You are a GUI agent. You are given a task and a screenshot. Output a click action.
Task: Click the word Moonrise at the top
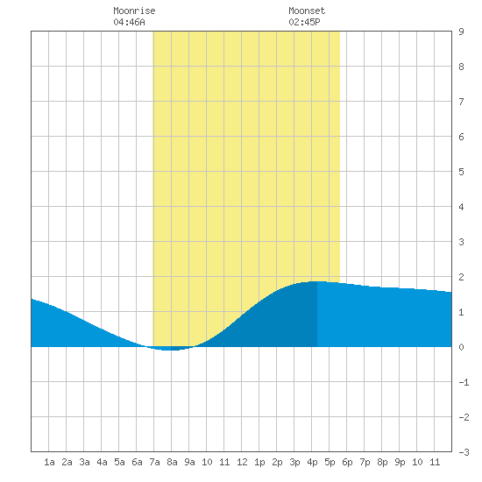[x=134, y=11]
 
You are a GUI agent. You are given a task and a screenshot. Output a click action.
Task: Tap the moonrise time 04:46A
[x=129, y=22]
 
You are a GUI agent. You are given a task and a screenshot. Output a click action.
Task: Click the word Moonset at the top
[x=307, y=11]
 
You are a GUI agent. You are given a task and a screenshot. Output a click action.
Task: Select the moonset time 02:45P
[x=304, y=22]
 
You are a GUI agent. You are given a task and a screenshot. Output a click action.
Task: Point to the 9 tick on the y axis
[x=461, y=32]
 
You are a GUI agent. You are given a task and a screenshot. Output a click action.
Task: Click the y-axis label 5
[x=461, y=172]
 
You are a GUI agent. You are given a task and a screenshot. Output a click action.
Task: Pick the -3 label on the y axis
[x=464, y=452]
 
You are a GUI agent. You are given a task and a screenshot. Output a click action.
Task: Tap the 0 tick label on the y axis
[x=461, y=347]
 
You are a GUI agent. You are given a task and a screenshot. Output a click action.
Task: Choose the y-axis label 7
[x=461, y=102]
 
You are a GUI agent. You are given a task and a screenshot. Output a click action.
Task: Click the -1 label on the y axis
[x=464, y=382]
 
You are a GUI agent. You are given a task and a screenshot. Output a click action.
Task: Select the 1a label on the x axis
[x=49, y=462]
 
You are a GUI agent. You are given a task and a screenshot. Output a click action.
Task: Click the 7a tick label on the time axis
[x=154, y=462]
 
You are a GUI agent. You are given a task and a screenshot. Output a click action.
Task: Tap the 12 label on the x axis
[x=242, y=462]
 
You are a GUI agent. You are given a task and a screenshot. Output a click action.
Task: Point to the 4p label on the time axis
[x=312, y=462]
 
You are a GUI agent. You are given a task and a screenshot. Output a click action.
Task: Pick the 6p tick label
[x=347, y=462]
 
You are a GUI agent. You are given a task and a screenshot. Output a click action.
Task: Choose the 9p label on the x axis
[x=400, y=462]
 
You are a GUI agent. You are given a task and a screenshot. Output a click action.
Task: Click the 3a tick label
[x=84, y=462]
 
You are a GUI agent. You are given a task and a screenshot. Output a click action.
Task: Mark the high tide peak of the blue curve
[x=317, y=281]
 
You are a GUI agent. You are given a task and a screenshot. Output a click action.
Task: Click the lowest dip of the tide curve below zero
[x=170, y=351]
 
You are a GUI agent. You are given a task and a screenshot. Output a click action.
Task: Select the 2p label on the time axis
[x=277, y=462]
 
